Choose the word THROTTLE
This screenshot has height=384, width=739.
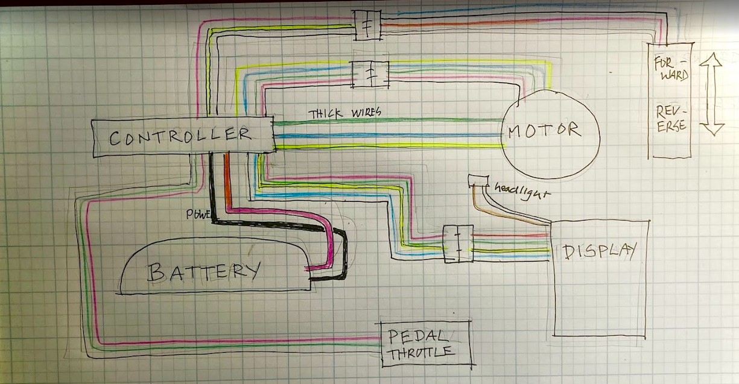click(420, 353)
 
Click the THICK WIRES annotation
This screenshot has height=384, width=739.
click(344, 113)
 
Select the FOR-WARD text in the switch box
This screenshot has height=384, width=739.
click(670, 69)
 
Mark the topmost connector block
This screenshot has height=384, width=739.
click(367, 26)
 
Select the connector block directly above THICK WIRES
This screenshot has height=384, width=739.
click(370, 74)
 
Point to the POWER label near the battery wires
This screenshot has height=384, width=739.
click(198, 213)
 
